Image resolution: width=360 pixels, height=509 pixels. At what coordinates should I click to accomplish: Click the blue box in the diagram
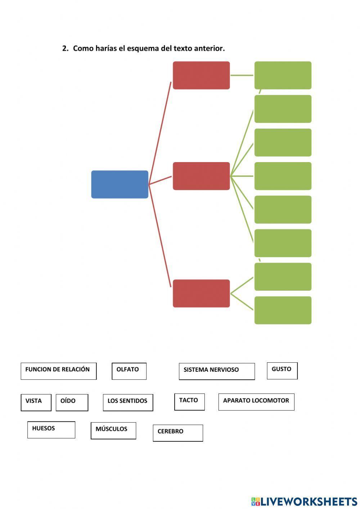(120, 184)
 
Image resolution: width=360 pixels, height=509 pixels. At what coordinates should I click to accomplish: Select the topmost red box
(201, 75)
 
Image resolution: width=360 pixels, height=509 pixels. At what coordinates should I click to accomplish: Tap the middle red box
(201, 176)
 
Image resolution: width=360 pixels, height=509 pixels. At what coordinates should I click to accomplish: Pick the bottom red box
(201, 293)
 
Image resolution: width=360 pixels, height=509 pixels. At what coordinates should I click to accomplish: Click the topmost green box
(283, 75)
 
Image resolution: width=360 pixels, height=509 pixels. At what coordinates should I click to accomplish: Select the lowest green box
(283, 310)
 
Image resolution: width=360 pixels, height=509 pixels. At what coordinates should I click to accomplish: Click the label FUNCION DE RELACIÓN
(58, 371)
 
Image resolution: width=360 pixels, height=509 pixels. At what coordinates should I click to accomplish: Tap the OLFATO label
(129, 371)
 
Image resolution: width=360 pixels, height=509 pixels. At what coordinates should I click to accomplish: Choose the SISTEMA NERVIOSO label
(216, 371)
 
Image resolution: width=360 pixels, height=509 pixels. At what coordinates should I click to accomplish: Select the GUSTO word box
(282, 370)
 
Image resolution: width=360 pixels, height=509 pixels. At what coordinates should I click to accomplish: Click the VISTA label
(36, 402)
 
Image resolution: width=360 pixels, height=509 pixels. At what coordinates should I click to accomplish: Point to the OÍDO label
(72, 402)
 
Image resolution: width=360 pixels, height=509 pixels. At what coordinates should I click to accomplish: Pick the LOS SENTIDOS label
(128, 402)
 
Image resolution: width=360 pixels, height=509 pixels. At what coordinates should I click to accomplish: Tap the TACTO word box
(189, 401)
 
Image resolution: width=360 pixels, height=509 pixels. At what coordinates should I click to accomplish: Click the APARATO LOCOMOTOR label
(256, 401)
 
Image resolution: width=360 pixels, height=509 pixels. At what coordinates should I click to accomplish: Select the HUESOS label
(51, 429)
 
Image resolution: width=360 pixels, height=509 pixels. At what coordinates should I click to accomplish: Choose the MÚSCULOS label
(113, 430)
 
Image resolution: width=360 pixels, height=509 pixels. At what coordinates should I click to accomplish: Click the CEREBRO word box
(177, 432)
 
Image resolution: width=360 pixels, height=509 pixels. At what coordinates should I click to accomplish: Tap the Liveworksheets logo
(304, 501)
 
